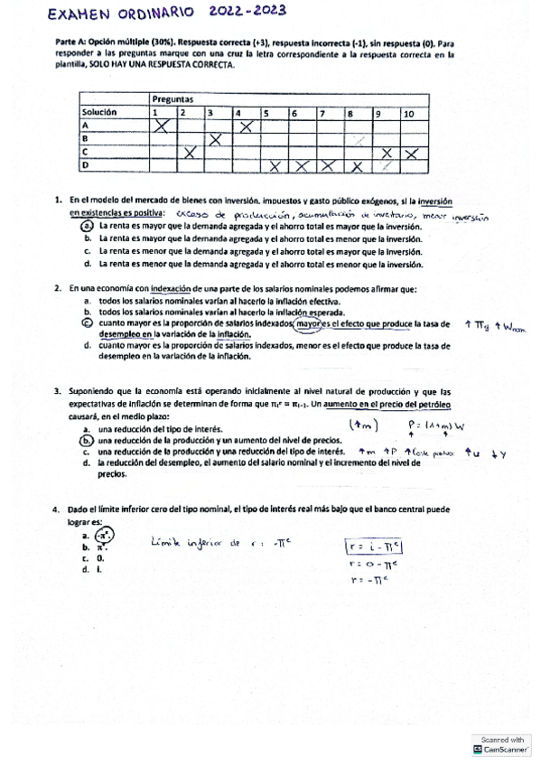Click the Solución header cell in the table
click(99, 112)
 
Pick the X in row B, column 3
click(217, 139)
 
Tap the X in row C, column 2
click(190, 153)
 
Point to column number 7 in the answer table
click(322, 112)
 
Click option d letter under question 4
click(84, 570)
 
